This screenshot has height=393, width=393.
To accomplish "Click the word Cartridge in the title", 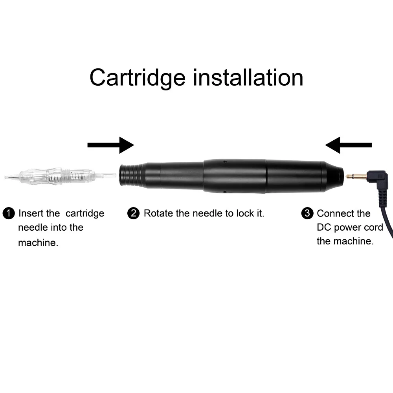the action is click(x=137, y=77).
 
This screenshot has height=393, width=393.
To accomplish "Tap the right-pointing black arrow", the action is click(x=110, y=145).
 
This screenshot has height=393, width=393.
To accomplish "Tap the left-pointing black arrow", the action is click(x=348, y=145).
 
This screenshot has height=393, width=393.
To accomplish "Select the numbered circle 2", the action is click(x=134, y=214).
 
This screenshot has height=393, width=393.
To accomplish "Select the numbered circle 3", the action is click(x=307, y=214).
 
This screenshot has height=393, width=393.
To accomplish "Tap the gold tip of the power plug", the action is click(x=354, y=176).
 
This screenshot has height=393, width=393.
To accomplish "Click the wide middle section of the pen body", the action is click(x=235, y=176).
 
